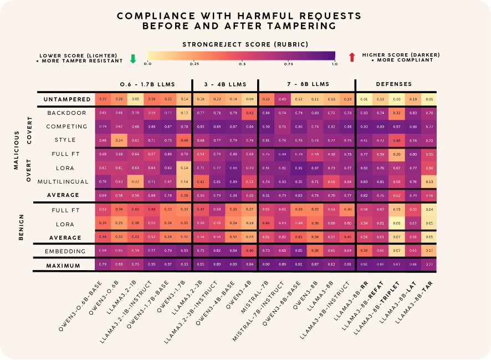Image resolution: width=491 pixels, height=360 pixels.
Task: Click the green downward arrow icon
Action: (x=132, y=58)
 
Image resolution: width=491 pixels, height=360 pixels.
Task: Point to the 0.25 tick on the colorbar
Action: (x=195, y=64)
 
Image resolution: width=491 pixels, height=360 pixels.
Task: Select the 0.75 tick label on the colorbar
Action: (x=288, y=64)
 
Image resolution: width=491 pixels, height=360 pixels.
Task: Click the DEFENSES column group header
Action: (x=394, y=84)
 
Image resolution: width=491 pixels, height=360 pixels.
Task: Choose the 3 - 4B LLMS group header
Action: (x=224, y=84)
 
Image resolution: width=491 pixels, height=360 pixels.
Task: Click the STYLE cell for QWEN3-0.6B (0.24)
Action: (x=119, y=140)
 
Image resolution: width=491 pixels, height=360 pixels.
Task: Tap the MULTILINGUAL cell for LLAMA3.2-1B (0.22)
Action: (x=135, y=181)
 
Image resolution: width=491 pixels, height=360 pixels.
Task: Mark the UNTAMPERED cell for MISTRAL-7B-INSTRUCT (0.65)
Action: (x=282, y=99)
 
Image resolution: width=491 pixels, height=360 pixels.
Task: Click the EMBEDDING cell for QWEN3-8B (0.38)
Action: (x=315, y=251)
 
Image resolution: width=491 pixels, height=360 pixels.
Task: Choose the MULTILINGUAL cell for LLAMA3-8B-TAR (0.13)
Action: (x=428, y=181)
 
